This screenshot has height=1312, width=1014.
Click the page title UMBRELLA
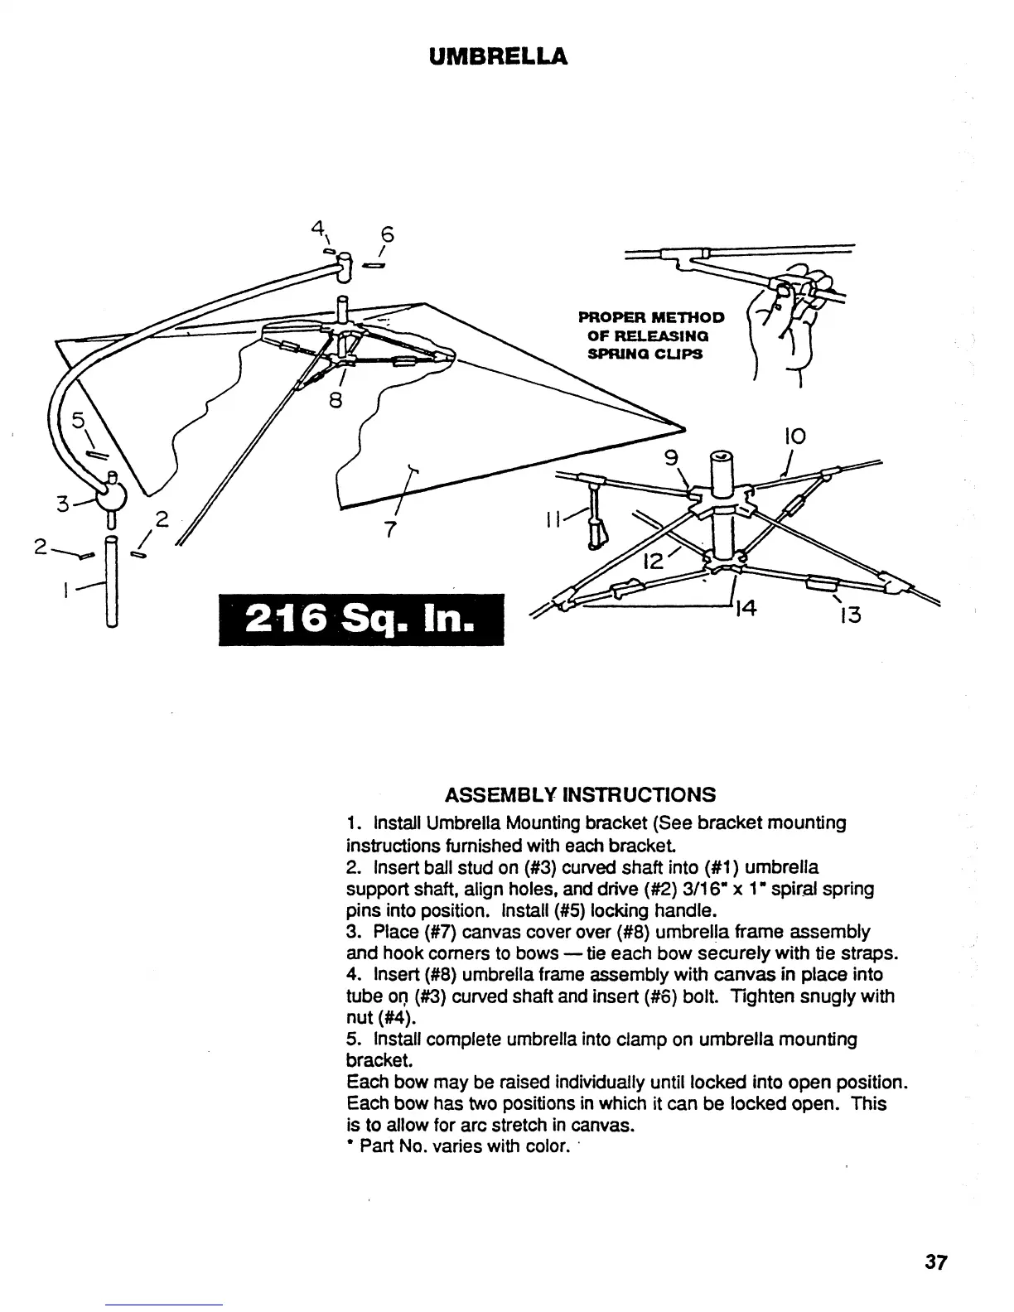(x=499, y=56)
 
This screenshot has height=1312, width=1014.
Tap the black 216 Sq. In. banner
(x=361, y=620)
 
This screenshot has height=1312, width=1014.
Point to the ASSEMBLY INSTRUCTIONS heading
(x=580, y=795)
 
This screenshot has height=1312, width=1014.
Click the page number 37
(x=936, y=1262)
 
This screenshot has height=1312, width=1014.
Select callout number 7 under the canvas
(x=390, y=528)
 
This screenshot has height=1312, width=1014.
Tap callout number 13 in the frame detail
(x=852, y=615)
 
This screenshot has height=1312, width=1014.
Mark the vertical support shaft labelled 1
(x=112, y=580)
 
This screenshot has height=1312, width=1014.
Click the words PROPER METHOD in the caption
(x=651, y=317)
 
